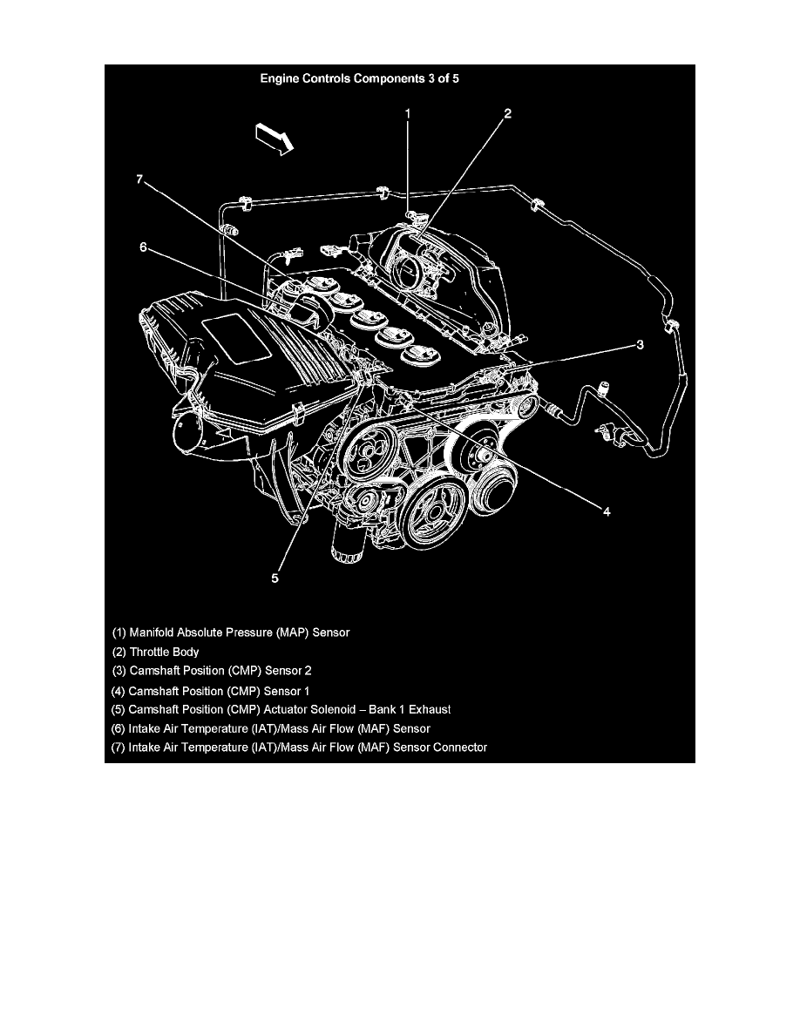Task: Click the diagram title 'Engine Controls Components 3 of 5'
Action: [360, 78]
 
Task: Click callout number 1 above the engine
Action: [407, 113]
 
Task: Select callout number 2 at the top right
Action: [507, 113]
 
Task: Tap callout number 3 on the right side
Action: [639, 345]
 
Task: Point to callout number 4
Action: [607, 511]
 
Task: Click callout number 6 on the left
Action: [144, 247]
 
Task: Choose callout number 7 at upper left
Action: [139, 179]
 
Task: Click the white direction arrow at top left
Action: [272, 139]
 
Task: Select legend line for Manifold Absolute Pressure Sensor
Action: [231, 632]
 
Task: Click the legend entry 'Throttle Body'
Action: [156, 652]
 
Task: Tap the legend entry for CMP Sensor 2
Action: [212, 671]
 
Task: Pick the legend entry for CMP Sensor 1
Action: [211, 690]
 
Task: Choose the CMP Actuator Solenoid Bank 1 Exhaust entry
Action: [281, 709]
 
